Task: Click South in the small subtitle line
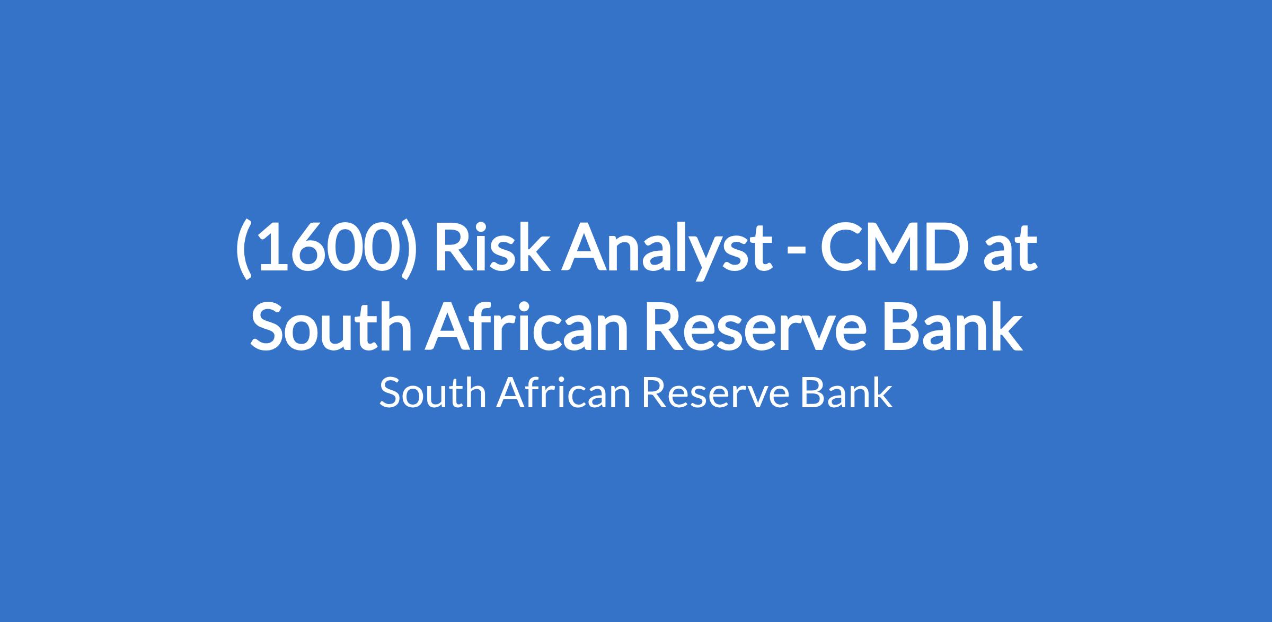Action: click(432, 393)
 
